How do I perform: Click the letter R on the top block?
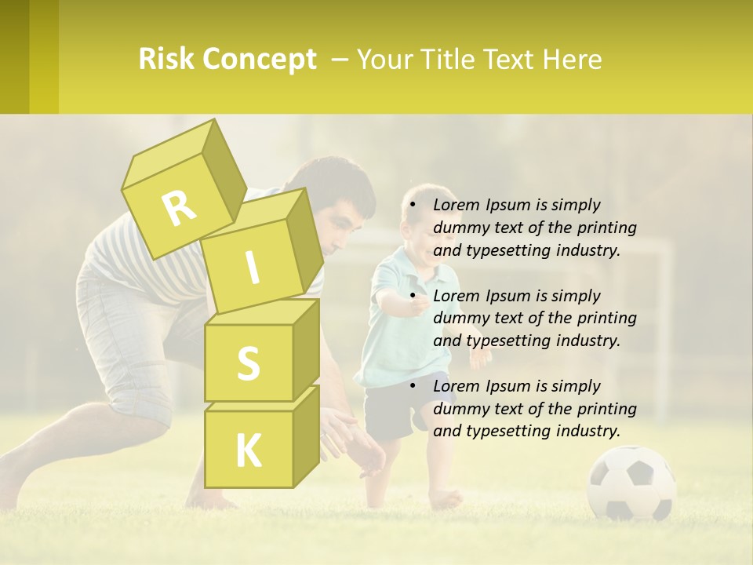pos(179,208)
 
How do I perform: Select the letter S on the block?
pos(248,364)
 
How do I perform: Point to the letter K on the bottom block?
pos(248,451)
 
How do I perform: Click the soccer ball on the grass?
pos(631,482)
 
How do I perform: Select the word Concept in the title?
pos(260,60)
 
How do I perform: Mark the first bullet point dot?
pos(409,206)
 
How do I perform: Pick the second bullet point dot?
pos(409,297)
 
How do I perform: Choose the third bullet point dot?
pos(409,387)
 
